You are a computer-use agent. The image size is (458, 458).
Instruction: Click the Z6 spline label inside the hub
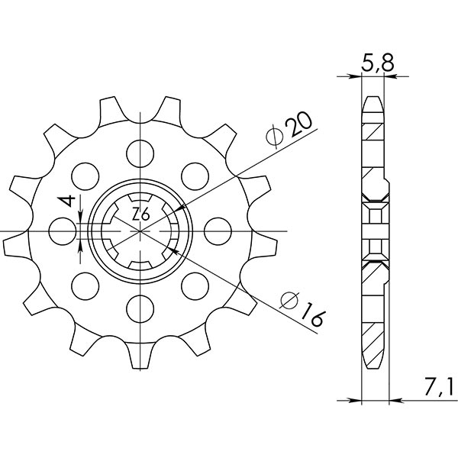[x=140, y=215]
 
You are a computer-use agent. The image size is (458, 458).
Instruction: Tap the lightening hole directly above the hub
[x=140, y=149]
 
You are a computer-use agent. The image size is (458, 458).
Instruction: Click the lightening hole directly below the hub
[x=140, y=308]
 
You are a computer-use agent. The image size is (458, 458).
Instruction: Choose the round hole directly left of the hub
[x=61, y=229]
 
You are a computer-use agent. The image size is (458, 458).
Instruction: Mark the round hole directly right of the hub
[x=220, y=229]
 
